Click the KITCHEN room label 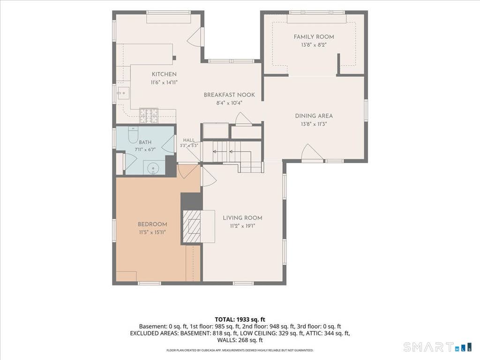[164, 74]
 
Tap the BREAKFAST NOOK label [229, 95]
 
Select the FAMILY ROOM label [314, 37]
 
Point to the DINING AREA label [314, 116]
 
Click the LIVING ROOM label [242, 218]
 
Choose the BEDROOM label [152, 224]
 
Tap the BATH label [145, 142]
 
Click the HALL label [189, 140]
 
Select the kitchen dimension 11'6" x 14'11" [164, 82]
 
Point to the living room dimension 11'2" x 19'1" [242, 226]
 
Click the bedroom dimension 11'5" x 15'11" [152, 232]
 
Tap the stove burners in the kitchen [149, 116]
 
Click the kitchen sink [123, 93]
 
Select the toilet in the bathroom [133, 135]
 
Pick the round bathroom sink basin [153, 168]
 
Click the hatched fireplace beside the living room [192, 227]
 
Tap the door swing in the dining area [312, 152]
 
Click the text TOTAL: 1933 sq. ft [240, 320]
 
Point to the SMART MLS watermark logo [438, 347]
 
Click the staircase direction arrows [223, 151]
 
